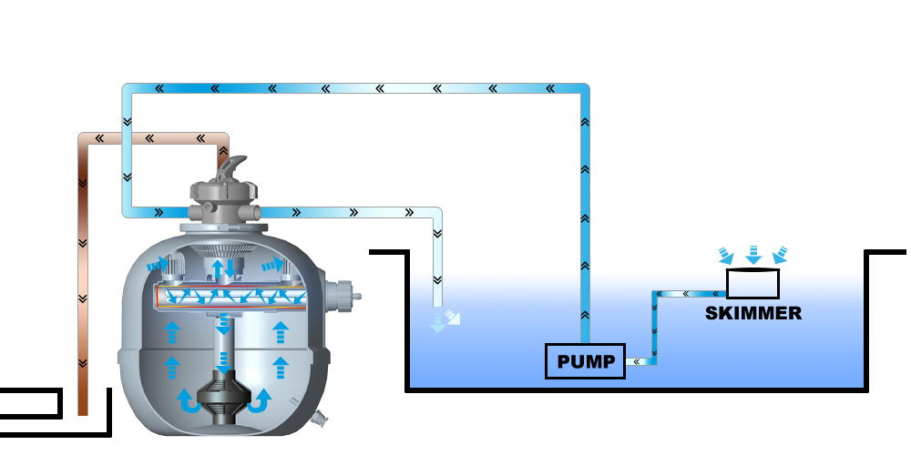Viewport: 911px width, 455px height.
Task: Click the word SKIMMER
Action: [753, 314]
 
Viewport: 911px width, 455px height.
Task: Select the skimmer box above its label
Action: [753, 284]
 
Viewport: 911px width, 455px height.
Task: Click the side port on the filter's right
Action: [347, 295]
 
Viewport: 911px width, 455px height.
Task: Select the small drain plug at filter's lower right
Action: [320, 420]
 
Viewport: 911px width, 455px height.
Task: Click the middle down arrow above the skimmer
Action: [753, 254]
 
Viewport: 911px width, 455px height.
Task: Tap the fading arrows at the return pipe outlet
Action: [444, 318]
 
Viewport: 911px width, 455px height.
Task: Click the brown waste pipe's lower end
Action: [83, 405]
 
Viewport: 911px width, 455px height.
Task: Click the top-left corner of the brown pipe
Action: [83, 138]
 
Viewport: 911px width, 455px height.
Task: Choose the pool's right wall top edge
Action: [884, 253]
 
